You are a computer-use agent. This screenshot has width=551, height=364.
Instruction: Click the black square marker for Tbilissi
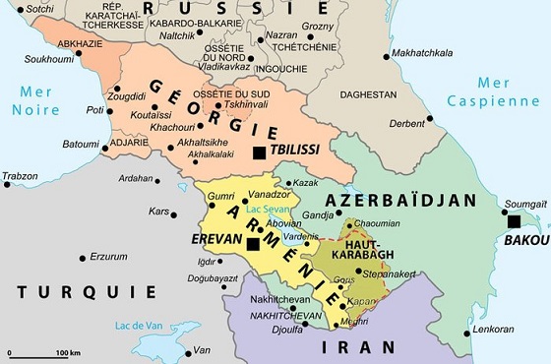coord(259,152)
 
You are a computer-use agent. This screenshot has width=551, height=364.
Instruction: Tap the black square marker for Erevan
coord(254,243)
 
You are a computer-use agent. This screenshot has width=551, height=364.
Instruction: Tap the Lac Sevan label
coord(266,211)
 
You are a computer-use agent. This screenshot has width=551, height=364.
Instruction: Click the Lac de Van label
coord(138,326)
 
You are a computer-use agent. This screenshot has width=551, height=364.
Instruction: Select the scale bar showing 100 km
coord(40,352)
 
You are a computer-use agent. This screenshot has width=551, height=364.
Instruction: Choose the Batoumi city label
coord(81,144)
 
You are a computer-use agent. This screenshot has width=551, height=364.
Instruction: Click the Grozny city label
coord(317,27)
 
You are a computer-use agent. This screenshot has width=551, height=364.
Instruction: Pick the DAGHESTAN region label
coord(370,94)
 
